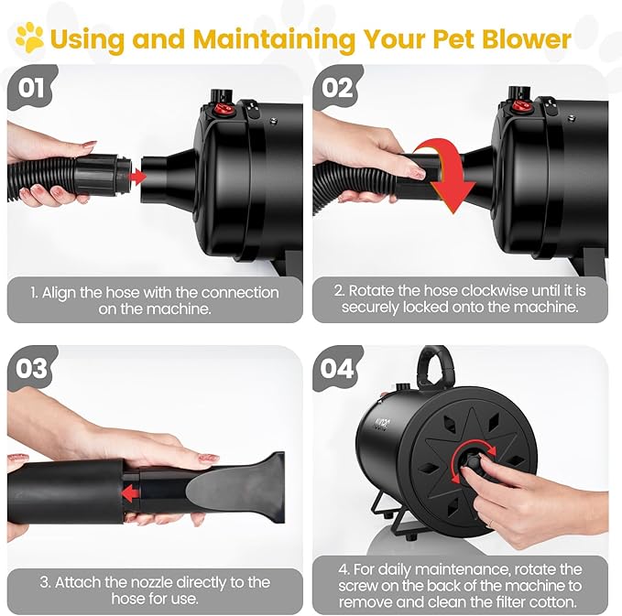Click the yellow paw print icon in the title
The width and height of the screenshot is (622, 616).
29,38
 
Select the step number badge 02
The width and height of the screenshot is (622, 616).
339,89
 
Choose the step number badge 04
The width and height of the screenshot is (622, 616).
339,368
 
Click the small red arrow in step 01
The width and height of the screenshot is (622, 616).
138,175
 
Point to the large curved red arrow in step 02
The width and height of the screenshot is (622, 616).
446,173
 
